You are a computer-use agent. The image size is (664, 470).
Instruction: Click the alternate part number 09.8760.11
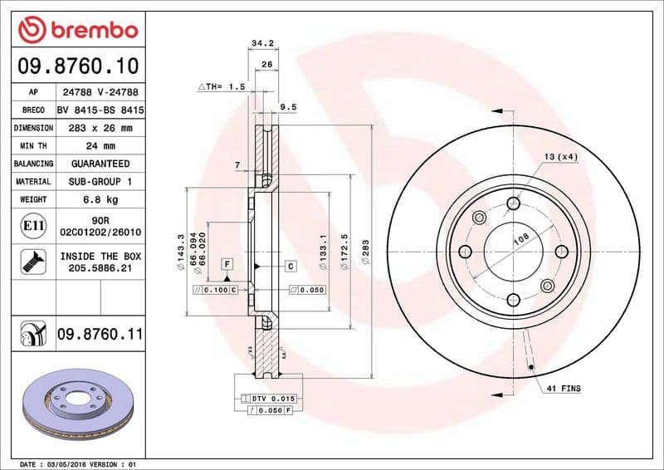tap(100, 335)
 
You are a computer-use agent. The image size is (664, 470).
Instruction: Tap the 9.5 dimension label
tap(289, 107)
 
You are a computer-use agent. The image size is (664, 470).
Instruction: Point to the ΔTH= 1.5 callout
tap(222, 86)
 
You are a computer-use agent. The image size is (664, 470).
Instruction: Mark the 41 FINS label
tap(564, 389)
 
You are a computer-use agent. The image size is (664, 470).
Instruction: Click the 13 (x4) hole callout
tap(561, 157)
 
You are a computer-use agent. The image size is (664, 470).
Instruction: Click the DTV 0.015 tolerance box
tap(272, 399)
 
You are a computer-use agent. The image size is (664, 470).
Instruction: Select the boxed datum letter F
tap(225, 263)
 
